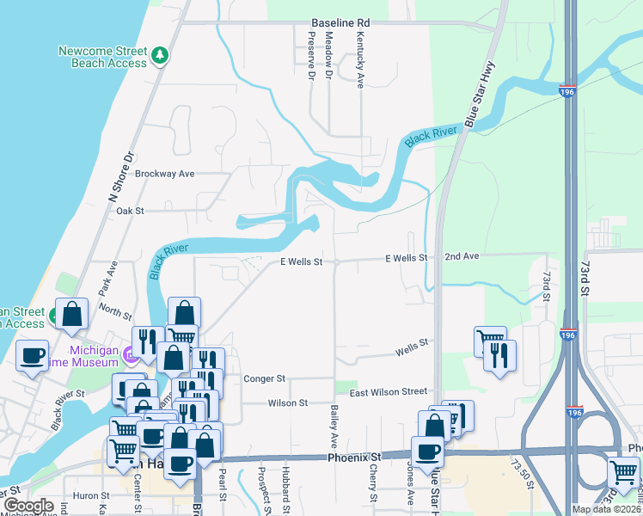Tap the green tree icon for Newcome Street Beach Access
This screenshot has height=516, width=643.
click(159, 56)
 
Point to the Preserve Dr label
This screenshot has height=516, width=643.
click(311, 55)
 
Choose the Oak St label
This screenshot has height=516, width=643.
click(129, 211)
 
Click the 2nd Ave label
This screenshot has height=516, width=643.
click(462, 257)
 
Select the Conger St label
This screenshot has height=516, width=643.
click(264, 378)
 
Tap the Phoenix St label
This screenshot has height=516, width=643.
click(353, 457)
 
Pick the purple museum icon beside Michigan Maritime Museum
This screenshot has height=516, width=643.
click(130, 353)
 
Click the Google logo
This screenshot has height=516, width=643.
click(28, 506)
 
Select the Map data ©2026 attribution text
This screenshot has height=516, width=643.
click(605, 509)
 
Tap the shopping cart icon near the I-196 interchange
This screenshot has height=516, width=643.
click(622, 471)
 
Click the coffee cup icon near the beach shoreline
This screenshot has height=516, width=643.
click(33, 356)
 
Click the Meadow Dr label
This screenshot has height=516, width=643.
click(329, 56)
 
